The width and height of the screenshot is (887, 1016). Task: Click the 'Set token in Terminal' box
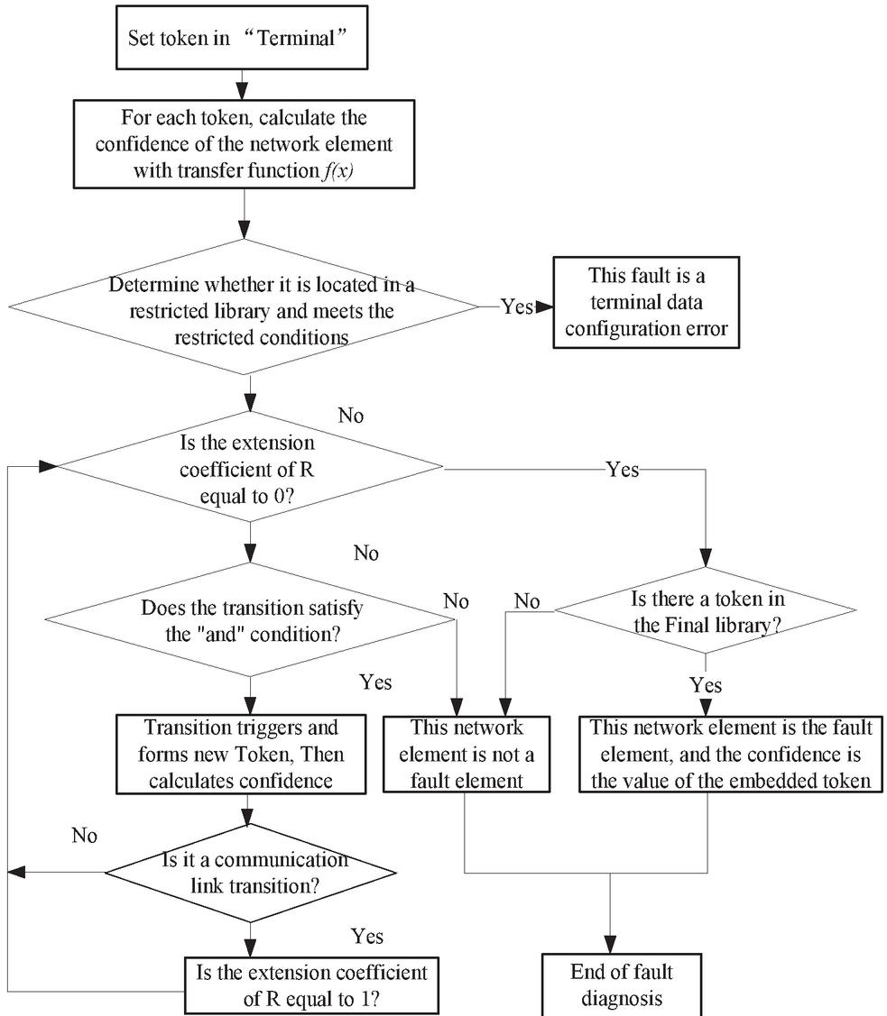point(242,38)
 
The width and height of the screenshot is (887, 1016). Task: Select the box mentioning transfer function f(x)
point(244,144)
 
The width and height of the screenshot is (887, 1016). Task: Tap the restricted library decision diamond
point(244,307)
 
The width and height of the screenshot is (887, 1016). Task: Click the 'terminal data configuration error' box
point(646,302)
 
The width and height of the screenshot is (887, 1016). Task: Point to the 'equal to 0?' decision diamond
point(250,467)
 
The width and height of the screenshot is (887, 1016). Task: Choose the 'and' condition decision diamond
point(250,620)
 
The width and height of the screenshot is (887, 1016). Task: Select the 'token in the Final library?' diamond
point(706,609)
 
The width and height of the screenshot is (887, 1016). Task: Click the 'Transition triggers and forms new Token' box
point(241,755)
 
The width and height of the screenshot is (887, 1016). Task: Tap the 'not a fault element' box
point(467,755)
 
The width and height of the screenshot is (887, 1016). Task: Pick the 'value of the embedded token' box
point(731,755)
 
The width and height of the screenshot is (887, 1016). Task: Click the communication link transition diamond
point(250,873)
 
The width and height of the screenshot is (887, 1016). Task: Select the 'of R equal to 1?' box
point(311,985)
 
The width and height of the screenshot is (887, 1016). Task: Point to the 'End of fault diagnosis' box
point(621,984)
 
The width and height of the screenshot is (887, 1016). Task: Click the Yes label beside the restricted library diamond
point(517,307)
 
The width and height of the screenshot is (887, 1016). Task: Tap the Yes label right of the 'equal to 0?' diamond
point(623,469)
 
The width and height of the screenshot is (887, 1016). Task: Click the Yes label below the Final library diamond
point(706,685)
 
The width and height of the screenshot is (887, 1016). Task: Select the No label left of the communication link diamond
point(84,835)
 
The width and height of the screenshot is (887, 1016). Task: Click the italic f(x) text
point(337,170)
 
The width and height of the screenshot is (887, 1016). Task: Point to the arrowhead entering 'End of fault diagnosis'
point(610,944)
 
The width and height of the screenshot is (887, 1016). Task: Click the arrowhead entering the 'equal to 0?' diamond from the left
point(48,466)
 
